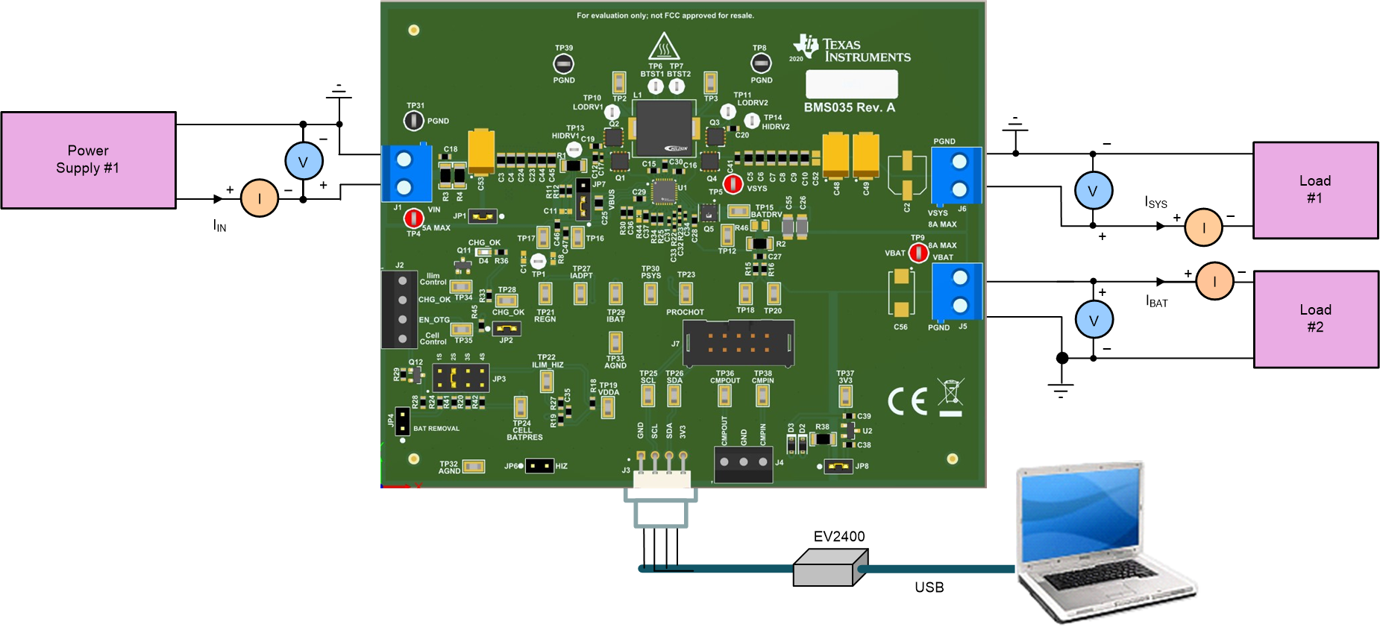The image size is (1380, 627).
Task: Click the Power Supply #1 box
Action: pyautogui.click(x=88, y=160)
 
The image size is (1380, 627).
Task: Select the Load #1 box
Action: pyautogui.click(x=1315, y=190)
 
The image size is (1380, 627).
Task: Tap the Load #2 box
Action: pyautogui.click(x=1316, y=319)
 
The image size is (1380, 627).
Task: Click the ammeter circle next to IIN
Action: pyautogui.click(x=259, y=198)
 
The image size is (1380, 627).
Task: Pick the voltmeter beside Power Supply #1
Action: pyautogui.click(x=304, y=161)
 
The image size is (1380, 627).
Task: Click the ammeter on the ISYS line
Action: pyautogui.click(x=1203, y=227)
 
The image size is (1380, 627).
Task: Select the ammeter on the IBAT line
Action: pyautogui.click(x=1214, y=281)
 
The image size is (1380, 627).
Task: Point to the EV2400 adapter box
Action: pyautogui.click(x=829, y=567)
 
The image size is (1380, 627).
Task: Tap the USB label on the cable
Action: pyautogui.click(x=929, y=587)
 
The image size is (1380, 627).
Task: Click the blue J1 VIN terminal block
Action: pyautogui.click(x=406, y=173)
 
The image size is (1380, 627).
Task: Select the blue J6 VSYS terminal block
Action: pyautogui.click(x=957, y=175)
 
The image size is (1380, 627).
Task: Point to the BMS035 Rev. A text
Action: pyautogui.click(x=849, y=107)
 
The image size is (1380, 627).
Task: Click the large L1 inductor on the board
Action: pyautogui.click(x=664, y=128)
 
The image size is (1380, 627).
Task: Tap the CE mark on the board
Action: pyautogui.click(x=907, y=401)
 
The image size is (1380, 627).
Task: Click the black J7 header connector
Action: pyautogui.click(x=738, y=343)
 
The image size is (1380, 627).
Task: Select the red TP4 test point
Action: pyautogui.click(x=413, y=218)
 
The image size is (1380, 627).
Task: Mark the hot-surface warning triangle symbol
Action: pyautogui.click(x=662, y=46)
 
